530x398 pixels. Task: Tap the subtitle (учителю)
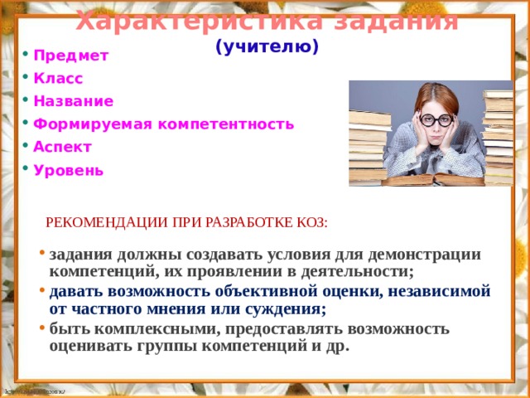pyautogui.click(x=266, y=47)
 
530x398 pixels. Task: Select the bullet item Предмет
pyautogui.click(x=70, y=56)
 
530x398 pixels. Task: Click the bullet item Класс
pyautogui.click(x=58, y=78)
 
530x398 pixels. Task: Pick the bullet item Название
pyautogui.click(x=73, y=101)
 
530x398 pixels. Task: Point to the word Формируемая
pyautogui.click(x=91, y=124)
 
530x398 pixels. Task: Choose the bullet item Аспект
pyautogui.click(x=62, y=147)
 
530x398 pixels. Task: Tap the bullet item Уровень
pyautogui.click(x=68, y=170)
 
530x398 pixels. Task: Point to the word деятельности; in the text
pyautogui.click(x=348, y=271)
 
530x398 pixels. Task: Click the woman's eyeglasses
pyautogui.click(x=435, y=119)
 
